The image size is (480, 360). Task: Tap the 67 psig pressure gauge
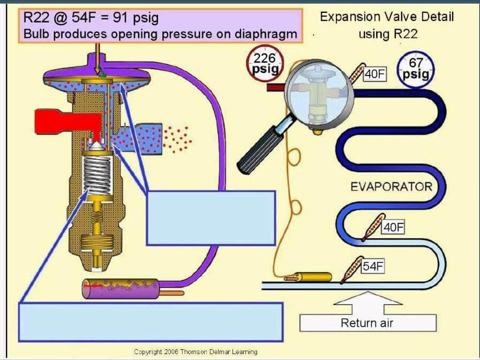416,67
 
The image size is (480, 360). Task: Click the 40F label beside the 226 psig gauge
375,74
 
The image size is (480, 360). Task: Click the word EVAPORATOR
391,186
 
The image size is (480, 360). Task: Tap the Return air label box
367,323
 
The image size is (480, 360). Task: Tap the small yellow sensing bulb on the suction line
314,277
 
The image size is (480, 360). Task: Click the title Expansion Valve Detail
387,17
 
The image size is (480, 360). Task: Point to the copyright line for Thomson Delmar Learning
196,352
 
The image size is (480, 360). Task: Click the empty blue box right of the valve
211,217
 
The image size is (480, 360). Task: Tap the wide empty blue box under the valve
151,321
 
